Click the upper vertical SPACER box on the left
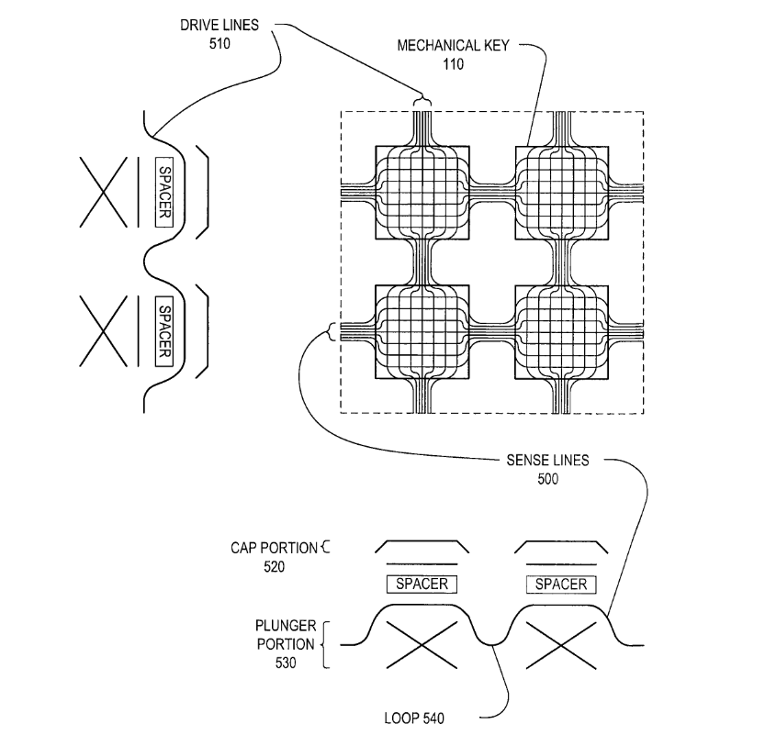tap(165, 191)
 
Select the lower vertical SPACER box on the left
tap(165, 329)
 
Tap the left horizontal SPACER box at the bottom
tap(422, 584)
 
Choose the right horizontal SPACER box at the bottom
tap(560, 584)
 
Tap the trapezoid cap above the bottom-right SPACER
tap(560, 546)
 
